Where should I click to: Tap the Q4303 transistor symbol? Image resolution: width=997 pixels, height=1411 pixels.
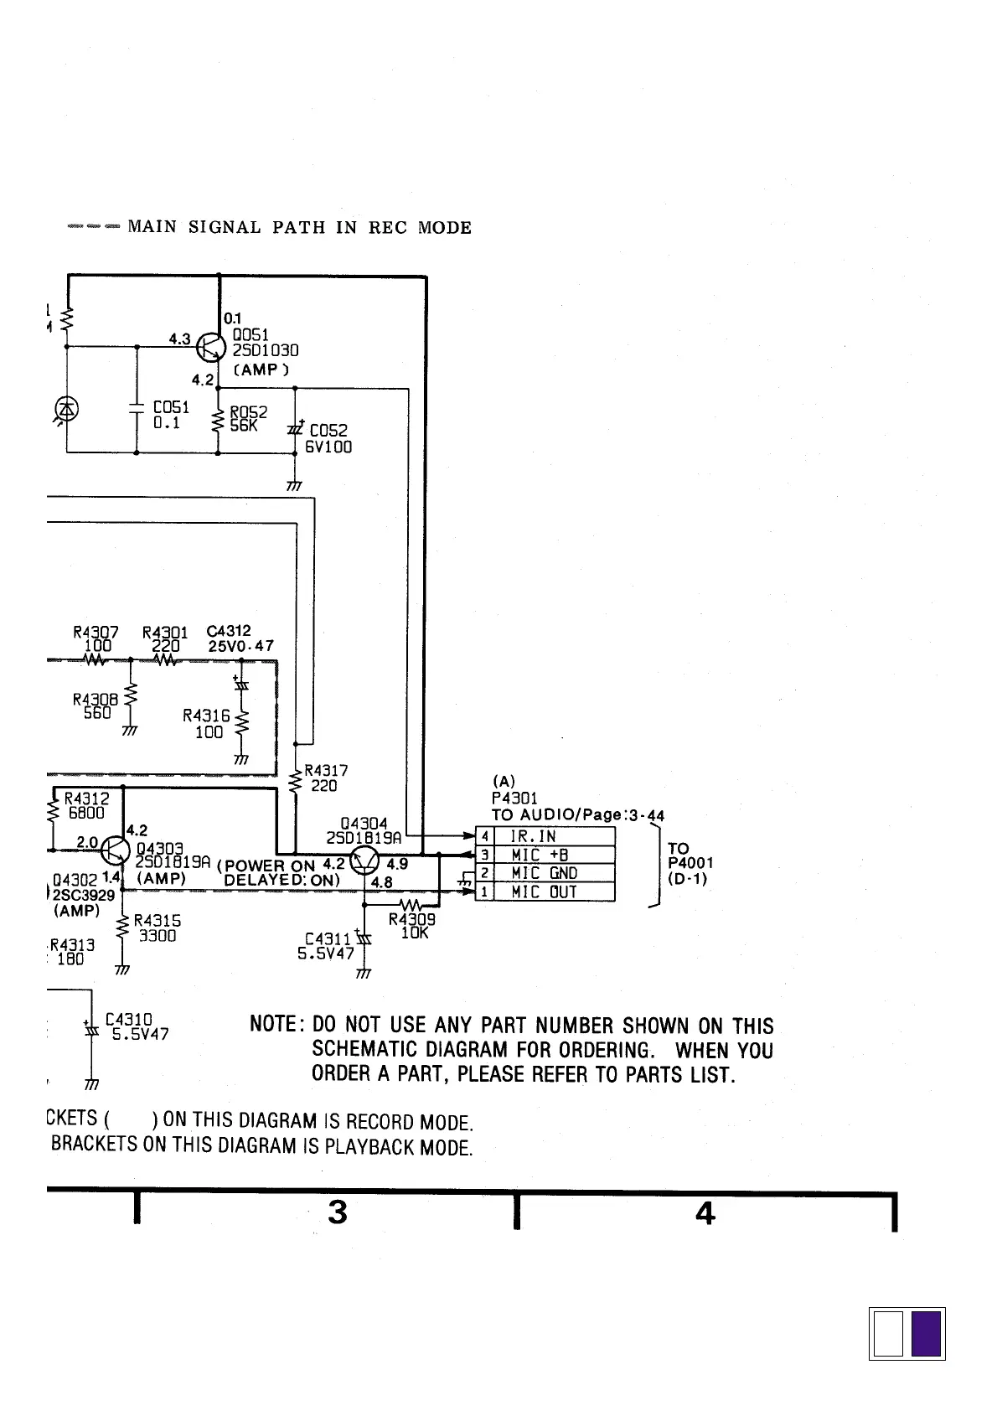tap(115, 851)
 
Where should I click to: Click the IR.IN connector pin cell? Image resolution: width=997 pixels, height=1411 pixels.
tap(554, 836)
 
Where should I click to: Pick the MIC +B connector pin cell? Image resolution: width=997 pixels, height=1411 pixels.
tap(554, 855)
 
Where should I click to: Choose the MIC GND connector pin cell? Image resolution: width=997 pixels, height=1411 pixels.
tap(554, 873)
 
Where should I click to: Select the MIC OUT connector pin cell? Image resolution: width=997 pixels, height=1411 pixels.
tap(554, 892)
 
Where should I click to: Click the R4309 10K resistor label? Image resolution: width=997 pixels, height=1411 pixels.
tap(412, 926)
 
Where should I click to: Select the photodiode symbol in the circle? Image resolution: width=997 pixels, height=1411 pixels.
tap(66, 409)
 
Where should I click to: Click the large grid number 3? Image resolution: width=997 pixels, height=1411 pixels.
tap(337, 1212)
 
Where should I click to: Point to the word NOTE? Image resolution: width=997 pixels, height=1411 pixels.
tap(274, 1025)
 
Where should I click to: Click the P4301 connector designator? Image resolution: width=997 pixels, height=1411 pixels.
tap(514, 798)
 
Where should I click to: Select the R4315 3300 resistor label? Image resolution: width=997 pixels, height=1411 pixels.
tap(157, 928)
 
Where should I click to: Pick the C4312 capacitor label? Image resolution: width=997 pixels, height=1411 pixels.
tap(229, 631)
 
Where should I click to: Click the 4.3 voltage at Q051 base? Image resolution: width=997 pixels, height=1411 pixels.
tap(179, 339)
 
